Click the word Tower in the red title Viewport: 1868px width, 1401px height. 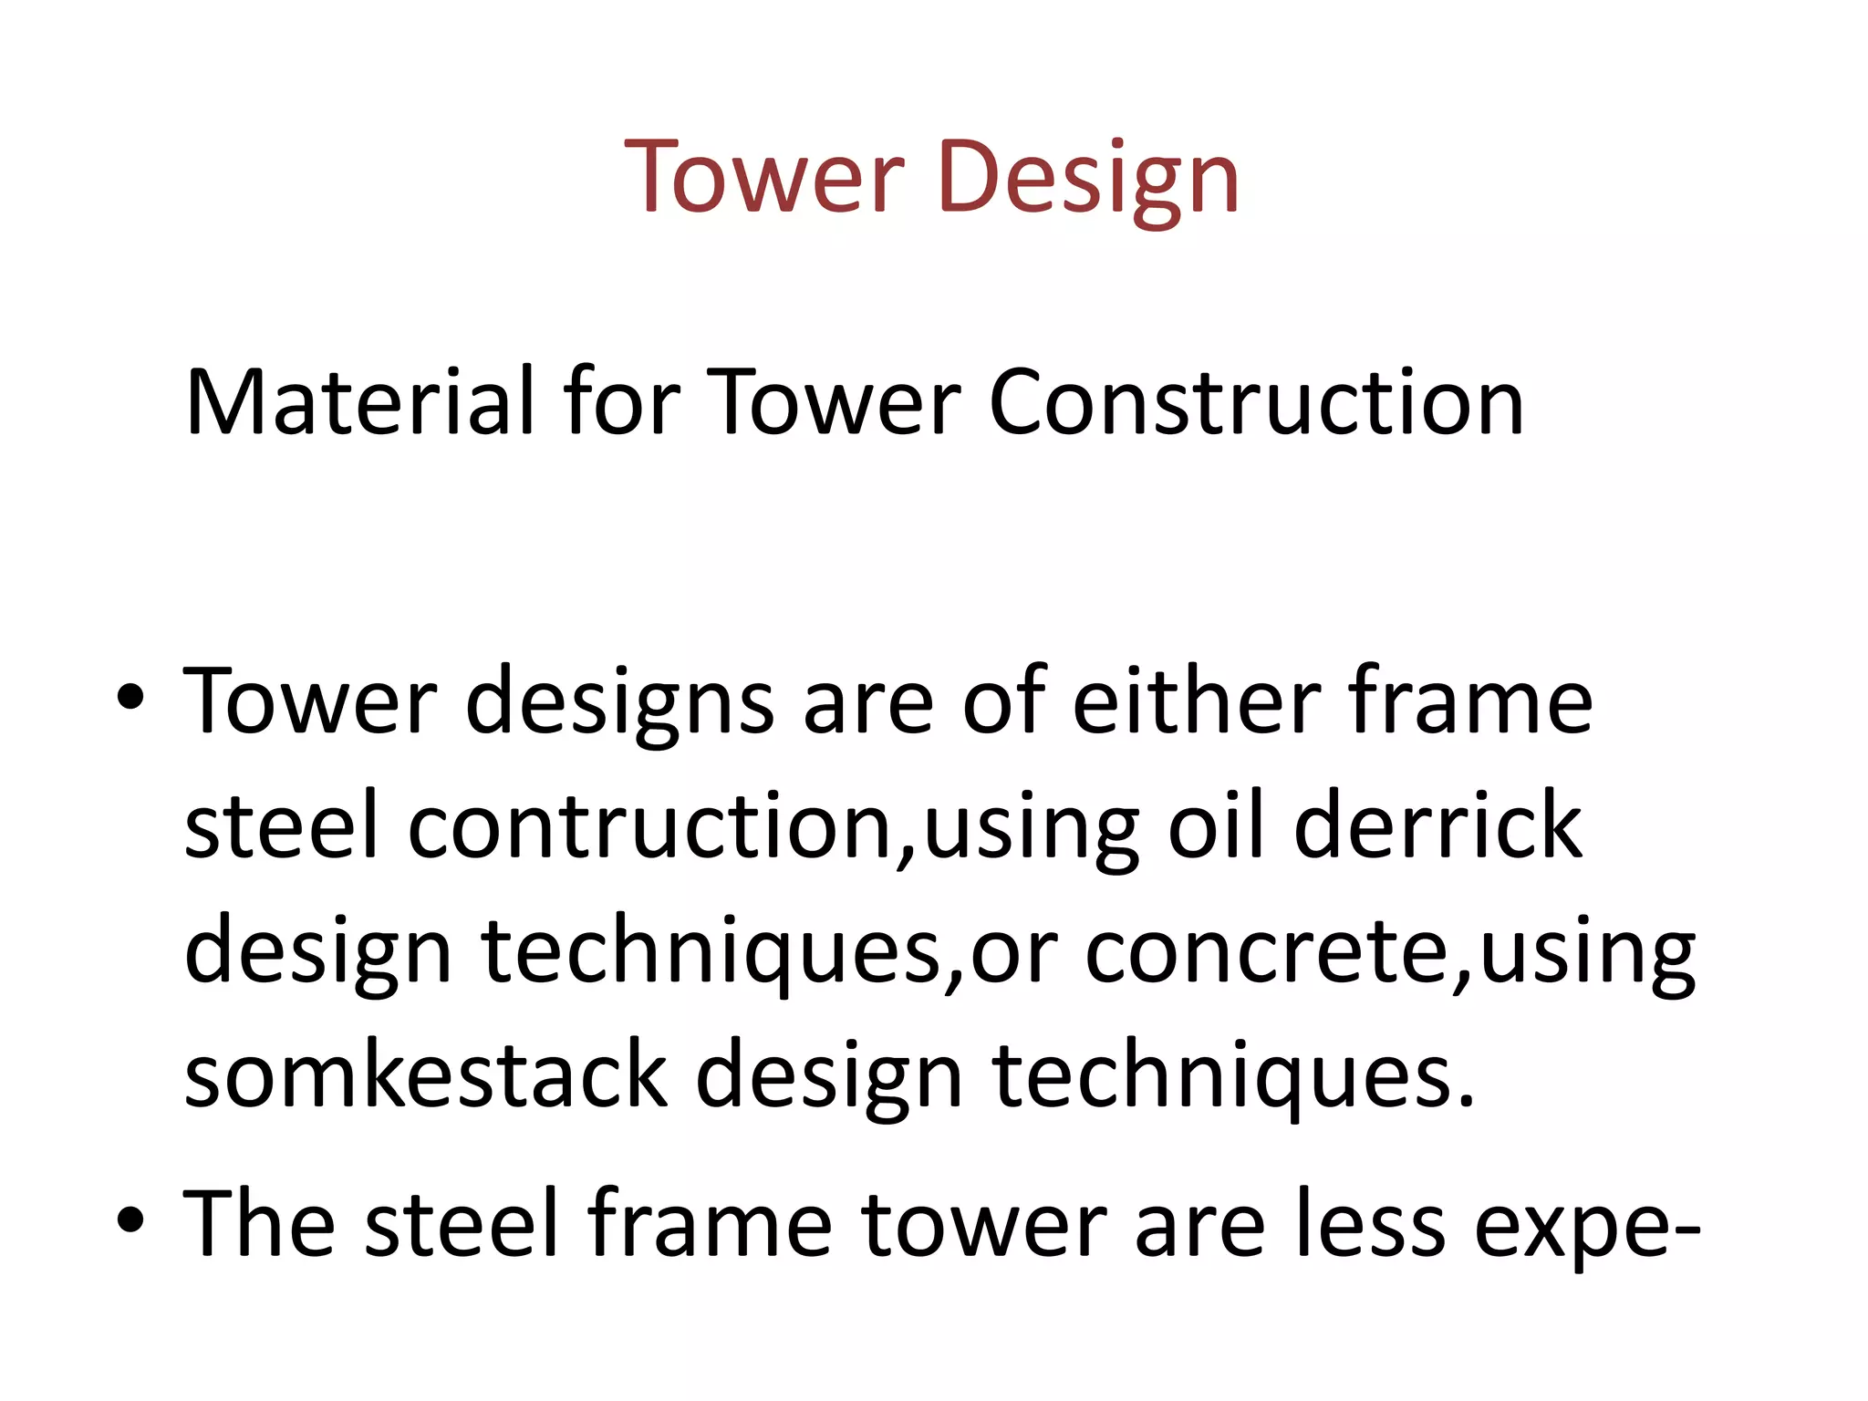pos(764,177)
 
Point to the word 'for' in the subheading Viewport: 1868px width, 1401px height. pos(620,401)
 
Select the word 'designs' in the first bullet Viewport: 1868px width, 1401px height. pos(620,702)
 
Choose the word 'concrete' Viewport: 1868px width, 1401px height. pos(1266,950)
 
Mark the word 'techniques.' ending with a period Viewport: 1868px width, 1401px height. pos(1233,1076)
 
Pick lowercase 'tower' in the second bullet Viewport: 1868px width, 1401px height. pos(983,1222)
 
